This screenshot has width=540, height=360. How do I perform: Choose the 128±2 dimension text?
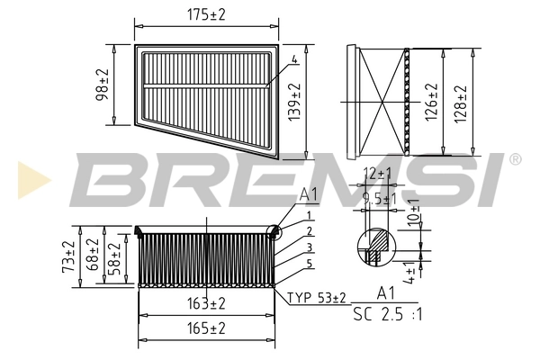(x=462, y=101)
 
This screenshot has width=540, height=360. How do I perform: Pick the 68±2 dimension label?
(x=92, y=256)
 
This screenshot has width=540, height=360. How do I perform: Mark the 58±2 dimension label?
(x=113, y=257)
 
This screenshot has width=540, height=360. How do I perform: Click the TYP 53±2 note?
(x=317, y=298)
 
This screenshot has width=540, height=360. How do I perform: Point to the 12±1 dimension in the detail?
(x=378, y=172)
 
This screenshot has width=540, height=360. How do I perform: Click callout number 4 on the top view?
(x=293, y=60)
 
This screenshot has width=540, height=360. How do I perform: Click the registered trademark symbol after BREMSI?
(x=515, y=159)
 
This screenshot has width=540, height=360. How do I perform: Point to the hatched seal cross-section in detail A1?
(x=375, y=242)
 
